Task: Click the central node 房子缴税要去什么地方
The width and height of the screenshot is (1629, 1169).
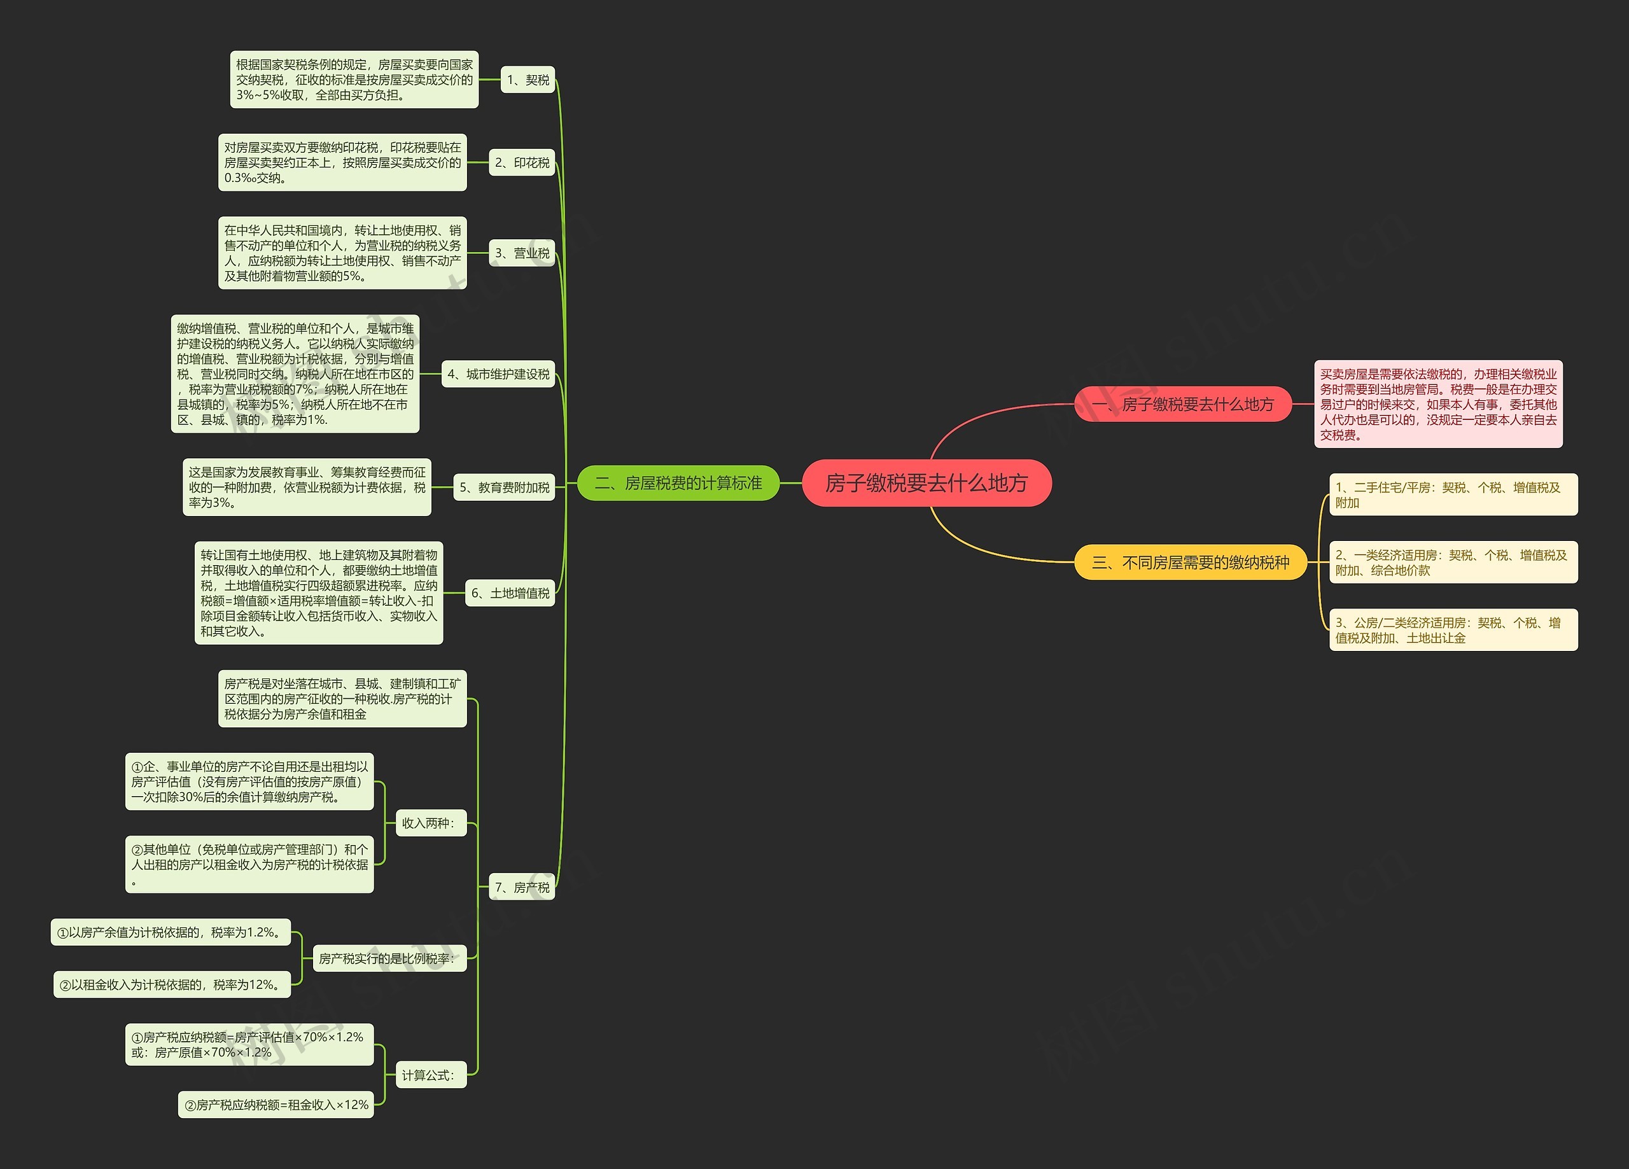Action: click(926, 483)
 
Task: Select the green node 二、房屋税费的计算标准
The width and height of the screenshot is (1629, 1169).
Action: click(678, 483)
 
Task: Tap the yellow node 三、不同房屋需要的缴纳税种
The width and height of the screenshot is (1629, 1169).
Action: click(1190, 562)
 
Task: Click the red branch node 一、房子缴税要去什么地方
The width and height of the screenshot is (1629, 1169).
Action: click(1182, 404)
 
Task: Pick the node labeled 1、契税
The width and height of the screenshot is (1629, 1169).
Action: click(528, 80)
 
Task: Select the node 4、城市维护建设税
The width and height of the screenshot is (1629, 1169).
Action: click(498, 374)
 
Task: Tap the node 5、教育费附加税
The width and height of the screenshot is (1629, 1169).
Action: click(504, 487)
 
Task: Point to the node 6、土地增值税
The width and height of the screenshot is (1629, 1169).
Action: click(510, 592)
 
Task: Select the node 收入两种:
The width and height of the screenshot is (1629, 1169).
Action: click(430, 823)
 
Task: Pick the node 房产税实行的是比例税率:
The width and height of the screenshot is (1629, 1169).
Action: click(389, 958)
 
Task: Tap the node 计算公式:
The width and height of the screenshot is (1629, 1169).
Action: click(430, 1075)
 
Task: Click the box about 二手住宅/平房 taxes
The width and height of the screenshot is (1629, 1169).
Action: click(1453, 494)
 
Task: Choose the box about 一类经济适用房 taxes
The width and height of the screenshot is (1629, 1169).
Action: click(1453, 563)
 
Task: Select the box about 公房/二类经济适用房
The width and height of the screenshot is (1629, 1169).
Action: click(1453, 630)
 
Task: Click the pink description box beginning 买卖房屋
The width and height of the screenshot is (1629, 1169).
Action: click(1438, 404)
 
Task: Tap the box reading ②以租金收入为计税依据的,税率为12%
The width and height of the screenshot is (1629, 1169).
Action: click(172, 984)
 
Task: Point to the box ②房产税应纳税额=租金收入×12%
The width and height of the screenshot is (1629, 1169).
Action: click(276, 1104)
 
